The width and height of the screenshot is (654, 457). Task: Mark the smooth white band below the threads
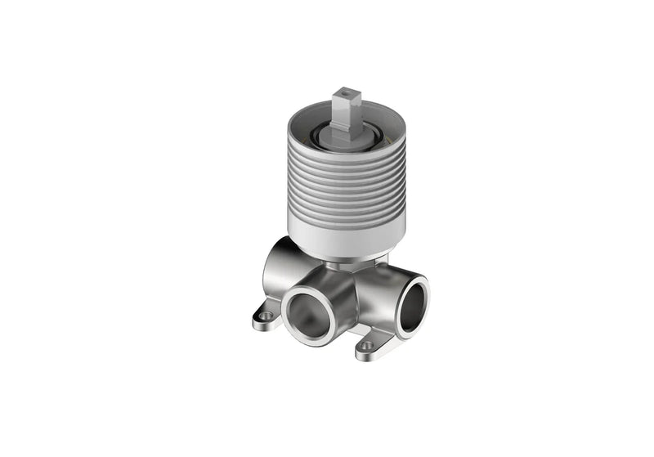347,236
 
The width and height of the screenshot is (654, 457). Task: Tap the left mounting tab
267,316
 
